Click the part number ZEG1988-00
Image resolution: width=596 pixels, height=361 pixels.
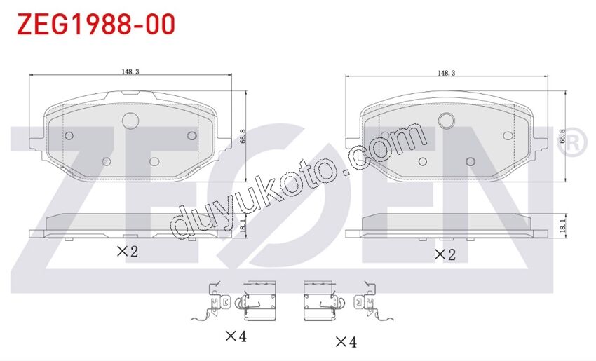tap(96, 24)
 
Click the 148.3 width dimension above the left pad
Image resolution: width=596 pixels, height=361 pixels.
tap(130, 71)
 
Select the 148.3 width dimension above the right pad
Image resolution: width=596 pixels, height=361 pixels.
tap(446, 73)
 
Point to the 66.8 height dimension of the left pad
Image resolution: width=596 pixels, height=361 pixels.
tap(243, 136)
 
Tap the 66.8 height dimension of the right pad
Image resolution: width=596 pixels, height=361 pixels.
tap(562, 136)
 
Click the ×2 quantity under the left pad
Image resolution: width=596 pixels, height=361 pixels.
tap(128, 251)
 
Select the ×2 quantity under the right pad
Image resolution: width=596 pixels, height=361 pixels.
tap(445, 254)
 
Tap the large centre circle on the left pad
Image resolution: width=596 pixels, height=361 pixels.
tap(130, 121)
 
